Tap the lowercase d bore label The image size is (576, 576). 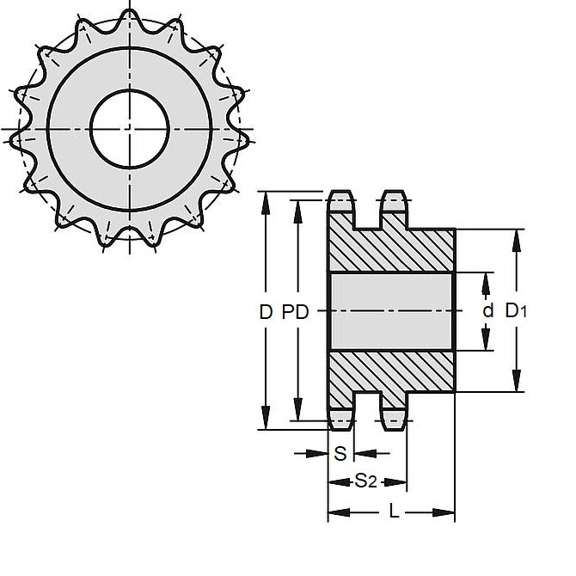point(487,311)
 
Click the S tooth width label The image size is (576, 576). point(340,453)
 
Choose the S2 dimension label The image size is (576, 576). point(365,481)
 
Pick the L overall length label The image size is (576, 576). point(393,512)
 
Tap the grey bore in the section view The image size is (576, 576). point(390,311)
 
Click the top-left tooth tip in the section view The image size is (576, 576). point(341,201)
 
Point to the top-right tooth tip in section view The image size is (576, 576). point(395,201)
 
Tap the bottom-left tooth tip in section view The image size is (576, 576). point(341,420)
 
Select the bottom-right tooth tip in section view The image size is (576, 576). point(395,420)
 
